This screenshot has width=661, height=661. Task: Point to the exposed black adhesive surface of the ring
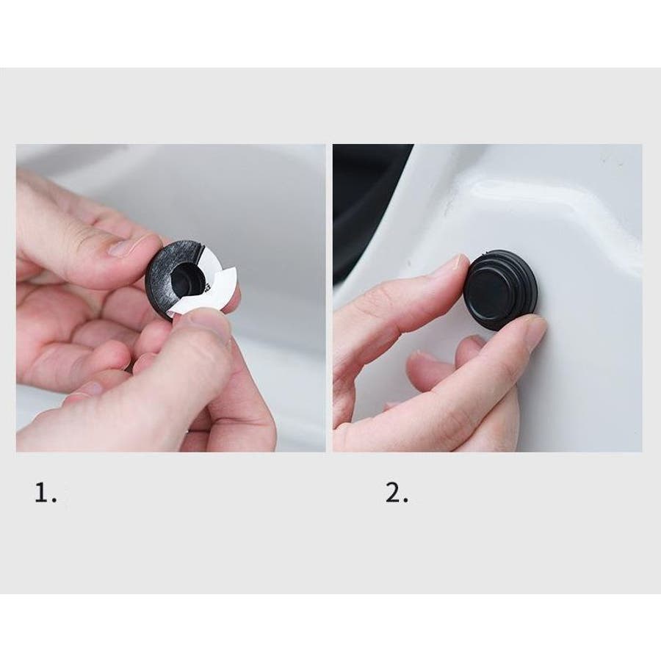pyautogui.click(x=162, y=270)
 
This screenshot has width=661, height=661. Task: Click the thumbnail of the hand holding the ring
pyautogui.click(x=122, y=248)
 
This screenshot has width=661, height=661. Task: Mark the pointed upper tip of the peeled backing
pyautogui.click(x=234, y=270)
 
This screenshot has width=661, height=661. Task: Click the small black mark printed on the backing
pyautogui.click(x=207, y=288)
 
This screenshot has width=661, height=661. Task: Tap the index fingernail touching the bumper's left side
pyautogui.click(x=460, y=267)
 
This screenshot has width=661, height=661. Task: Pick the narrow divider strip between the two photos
pyautogui.click(x=329, y=298)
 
